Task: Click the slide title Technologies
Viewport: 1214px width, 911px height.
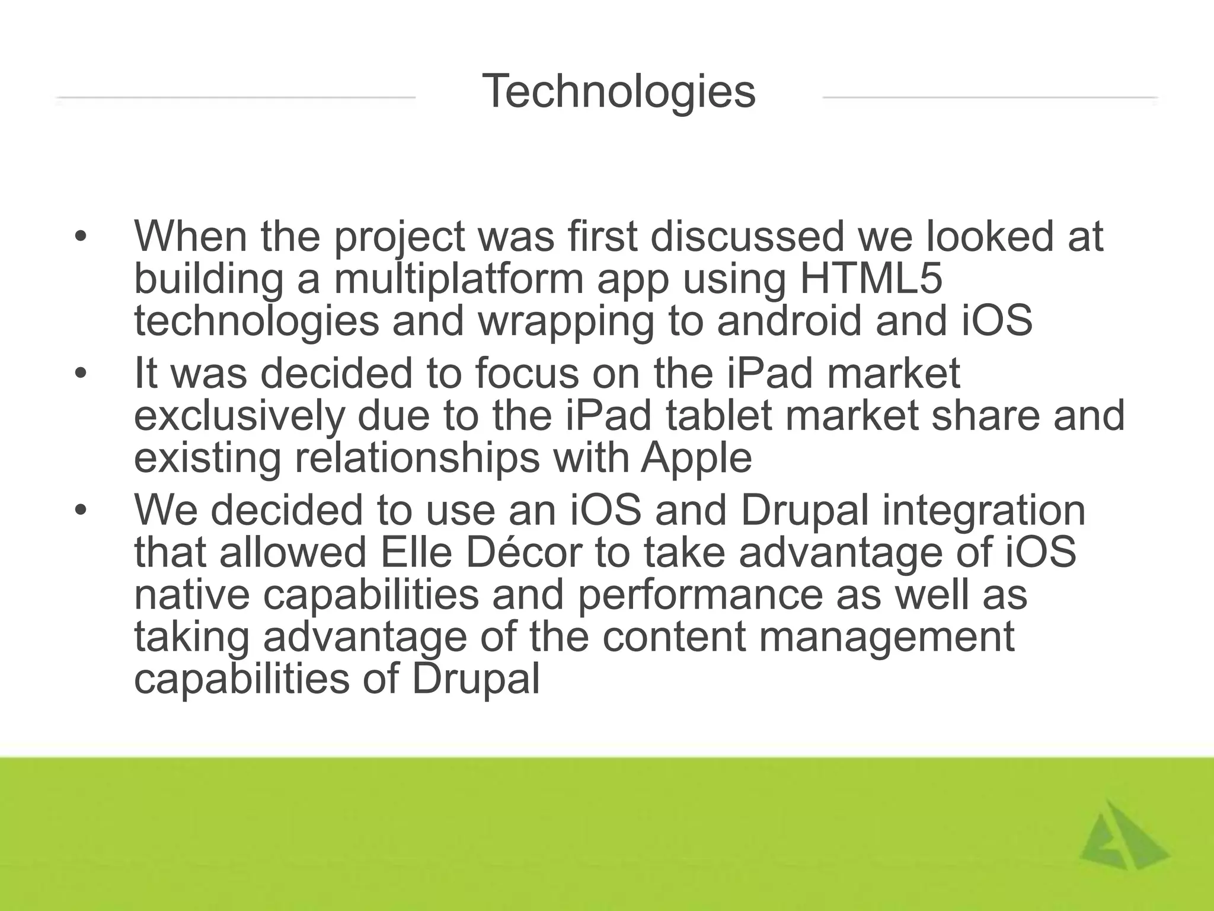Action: click(619, 92)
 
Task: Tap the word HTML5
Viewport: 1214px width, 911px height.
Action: click(871, 279)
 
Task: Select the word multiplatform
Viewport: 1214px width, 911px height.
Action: click(459, 279)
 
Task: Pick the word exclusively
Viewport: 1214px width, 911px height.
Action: click(239, 416)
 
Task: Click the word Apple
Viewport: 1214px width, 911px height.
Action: click(696, 458)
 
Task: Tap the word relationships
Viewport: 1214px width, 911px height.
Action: click(417, 458)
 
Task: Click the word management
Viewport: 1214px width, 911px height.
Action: click(886, 637)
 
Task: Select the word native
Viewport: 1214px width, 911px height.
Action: click(192, 595)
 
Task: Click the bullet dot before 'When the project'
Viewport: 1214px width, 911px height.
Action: click(81, 237)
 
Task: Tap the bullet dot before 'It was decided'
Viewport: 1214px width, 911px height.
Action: click(81, 374)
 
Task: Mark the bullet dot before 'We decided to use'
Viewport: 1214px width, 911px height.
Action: click(81, 510)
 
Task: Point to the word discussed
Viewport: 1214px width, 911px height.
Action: click(747, 237)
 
